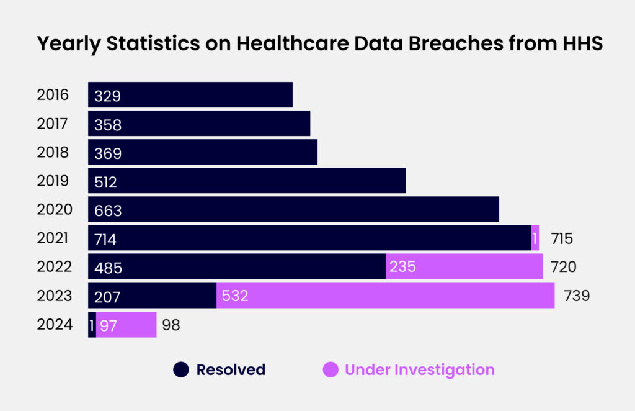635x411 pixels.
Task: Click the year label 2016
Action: coord(53,95)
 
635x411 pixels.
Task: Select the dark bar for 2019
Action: coord(247,181)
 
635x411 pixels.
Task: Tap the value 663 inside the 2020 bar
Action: coord(108,210)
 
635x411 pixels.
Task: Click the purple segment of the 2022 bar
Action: coord(464,266)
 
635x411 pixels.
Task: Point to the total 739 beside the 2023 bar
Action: coord(576,296)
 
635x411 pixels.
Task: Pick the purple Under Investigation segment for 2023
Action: coord(385,296)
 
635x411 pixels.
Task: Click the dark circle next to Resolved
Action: coord(180,370)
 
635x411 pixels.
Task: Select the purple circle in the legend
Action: coord(331,370)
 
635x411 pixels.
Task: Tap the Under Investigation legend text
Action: coord(419,370)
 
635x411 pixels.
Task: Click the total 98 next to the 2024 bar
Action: coord(171,325)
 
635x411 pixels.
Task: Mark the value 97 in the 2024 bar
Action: coord(108,325)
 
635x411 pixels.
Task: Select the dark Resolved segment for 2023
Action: coord(152,296)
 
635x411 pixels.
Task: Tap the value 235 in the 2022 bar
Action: coord(402,267)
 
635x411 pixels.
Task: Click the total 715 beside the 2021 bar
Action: coord(561,238)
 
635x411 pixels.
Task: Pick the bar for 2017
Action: coord(198,124)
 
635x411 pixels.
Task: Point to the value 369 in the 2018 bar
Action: coord(108,153)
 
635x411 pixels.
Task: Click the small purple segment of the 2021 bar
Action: coord(535,238)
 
